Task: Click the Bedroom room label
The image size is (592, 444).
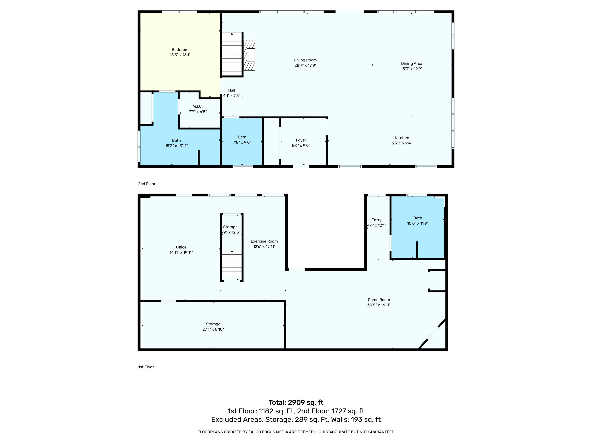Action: [180, 50]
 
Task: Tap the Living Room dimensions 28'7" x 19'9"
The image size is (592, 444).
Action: [305, 65]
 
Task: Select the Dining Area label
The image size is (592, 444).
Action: [411, 63]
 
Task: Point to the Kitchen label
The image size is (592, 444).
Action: [402, 138]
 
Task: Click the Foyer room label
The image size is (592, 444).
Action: [301, 140]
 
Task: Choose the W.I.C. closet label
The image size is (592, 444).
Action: [198, 107]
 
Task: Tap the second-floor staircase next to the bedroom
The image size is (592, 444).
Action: [232, 54]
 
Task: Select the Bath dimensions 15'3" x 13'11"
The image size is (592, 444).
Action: [176, 146]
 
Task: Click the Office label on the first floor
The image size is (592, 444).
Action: [181, 247]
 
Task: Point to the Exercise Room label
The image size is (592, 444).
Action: [264, 241]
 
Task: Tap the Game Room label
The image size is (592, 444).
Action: [379, 300]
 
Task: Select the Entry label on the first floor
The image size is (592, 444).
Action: [376, 220]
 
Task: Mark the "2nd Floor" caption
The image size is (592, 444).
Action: [147, 184]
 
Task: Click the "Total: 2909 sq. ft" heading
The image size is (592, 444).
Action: [296, 403]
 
